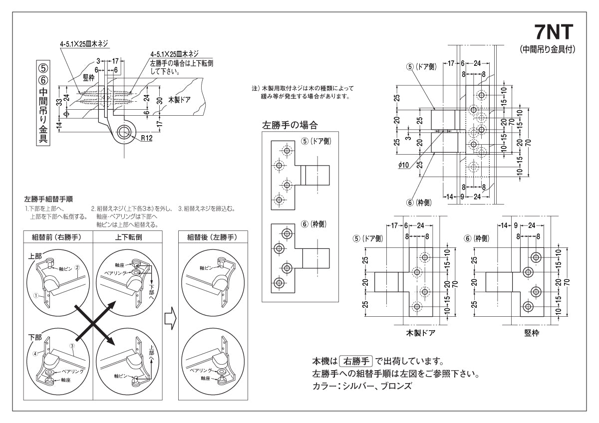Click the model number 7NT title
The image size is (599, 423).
tap(557, 33)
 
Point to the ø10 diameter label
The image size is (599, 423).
tap(404, 165)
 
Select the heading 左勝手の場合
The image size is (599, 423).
tap(290, 125)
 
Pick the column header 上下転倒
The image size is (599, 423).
tap(128, 237)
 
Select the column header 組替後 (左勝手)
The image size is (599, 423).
tap(212, 237)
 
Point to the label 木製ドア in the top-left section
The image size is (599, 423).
tap(180, 99)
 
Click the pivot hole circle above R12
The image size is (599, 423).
tap(124, 132)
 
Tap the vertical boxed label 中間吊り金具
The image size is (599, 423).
tap(43, 103)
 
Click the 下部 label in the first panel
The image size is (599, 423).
tap(35, 338)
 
